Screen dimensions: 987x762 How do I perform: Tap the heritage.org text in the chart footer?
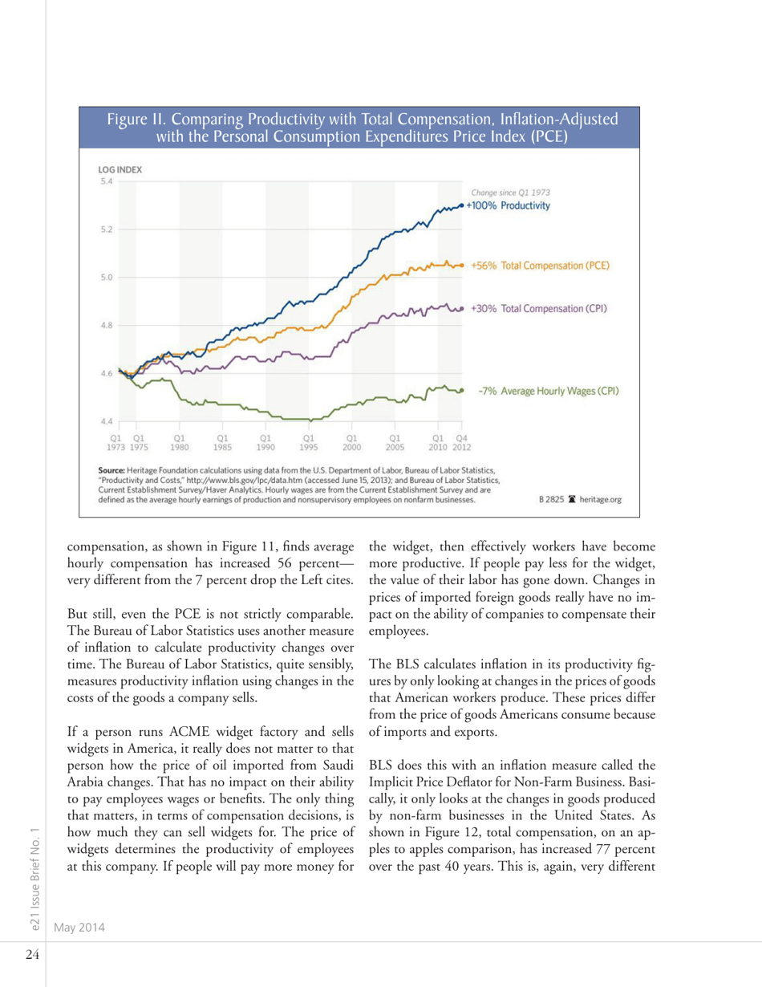click(x=592, y=498)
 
